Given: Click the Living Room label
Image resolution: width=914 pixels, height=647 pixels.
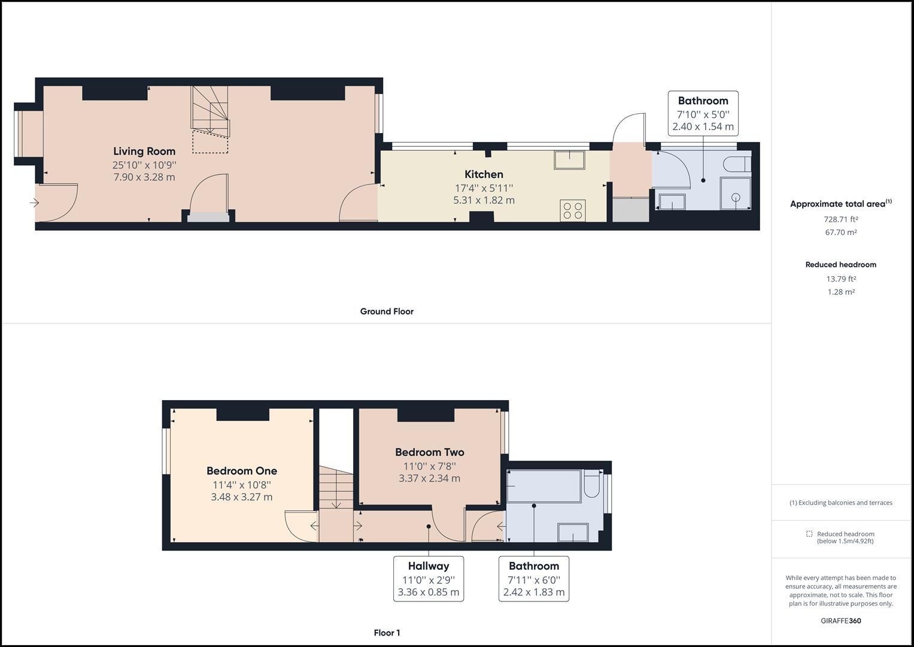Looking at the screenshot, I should (x=144, y=152).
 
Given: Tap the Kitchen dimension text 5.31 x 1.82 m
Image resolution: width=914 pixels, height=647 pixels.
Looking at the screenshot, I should (x=484, y=201).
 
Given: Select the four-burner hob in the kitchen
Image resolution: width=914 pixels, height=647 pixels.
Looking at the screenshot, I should (x=573, y=210).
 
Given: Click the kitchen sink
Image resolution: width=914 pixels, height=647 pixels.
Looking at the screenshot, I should (x=569, y=160).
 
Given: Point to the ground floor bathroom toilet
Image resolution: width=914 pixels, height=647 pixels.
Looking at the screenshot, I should (x=736, y=164).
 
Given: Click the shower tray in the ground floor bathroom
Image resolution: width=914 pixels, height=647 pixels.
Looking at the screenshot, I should (x=736, y=194).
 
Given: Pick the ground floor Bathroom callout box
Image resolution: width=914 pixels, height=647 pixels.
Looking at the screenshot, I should (x=703, y=113).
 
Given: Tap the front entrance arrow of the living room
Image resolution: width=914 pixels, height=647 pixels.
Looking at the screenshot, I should (x=35, y=203).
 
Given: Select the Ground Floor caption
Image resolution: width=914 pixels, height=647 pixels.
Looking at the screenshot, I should (x=387, y=312).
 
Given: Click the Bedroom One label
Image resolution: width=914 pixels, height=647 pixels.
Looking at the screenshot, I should (x=242, y=471).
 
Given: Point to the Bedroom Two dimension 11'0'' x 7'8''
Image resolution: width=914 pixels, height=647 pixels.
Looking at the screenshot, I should (x=429, y=465).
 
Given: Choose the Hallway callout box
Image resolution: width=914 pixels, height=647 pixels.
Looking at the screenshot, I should (x=429, y=579).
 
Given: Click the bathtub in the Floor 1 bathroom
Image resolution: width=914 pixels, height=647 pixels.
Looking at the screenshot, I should (x=543, y=486).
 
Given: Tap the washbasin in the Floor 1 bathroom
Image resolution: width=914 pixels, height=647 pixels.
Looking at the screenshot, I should (x=573, y=532).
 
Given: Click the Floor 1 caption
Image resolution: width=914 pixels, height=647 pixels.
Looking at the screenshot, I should (x=387, y=633).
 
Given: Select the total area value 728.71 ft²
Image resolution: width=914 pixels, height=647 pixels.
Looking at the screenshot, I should (x=840, y=219).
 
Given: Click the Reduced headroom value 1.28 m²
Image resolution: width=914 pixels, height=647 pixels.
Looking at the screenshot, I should (x=840, y=292).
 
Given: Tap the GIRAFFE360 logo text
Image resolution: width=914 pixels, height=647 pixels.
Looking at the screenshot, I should (x=840, y=621).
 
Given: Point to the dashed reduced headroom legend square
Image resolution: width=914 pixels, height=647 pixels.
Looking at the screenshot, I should (x=809, y=534).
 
